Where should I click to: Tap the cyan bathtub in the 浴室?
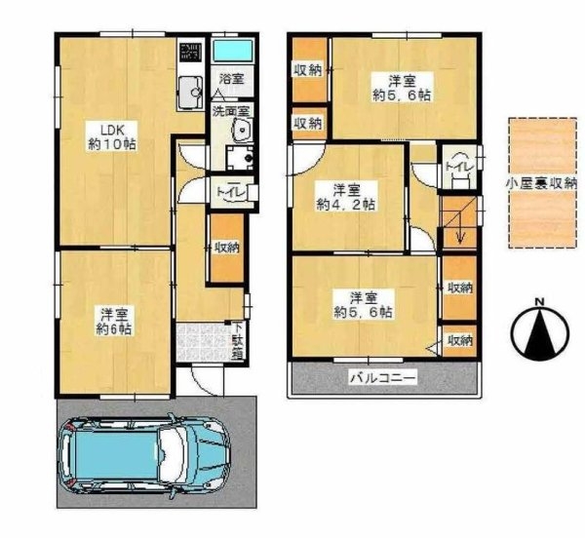point(231,49)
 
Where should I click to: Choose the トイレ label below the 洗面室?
point(229,192)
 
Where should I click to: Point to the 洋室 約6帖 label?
point(114,321)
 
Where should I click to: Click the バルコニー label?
point(381,376)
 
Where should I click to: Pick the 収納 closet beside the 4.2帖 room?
point(308,122)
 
